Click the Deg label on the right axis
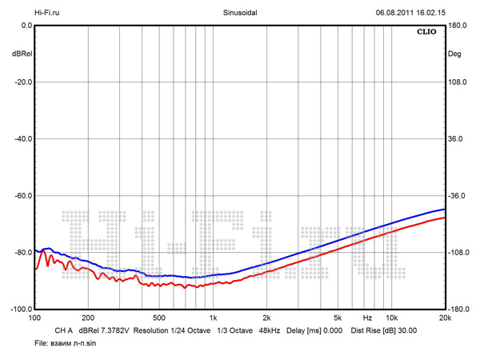click(x=455, y=54)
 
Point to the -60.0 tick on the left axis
click(x=18, y=196)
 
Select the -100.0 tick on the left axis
click(x=17, y=310)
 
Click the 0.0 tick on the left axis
click(x=25, y=26)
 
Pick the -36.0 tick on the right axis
click(x=458, y=196)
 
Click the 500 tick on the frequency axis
click(x=158, y=318)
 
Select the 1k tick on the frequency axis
click(x=213, y=318)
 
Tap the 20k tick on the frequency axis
click(x=445, y=318)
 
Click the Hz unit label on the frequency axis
click(x=367, y=318)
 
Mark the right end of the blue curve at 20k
click(x=444, y=210)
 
